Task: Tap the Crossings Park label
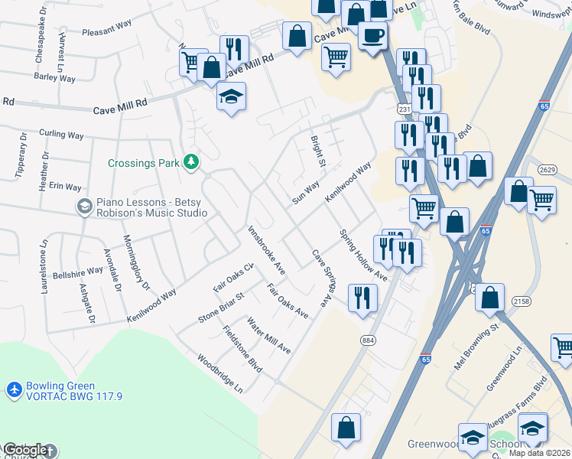pos(144,163)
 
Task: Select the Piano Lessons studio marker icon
pos(84,206)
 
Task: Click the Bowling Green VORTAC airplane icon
pos(13,389)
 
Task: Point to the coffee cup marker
pos(372,35)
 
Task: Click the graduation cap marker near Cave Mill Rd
pos(231,96)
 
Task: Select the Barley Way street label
pos(54,76)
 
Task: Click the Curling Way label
pos(61,135)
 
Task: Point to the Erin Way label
pos(65,187)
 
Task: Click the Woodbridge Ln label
pos(219,373)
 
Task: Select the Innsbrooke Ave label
pos(266,249)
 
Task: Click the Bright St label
pos(317,151)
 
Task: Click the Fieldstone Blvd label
pos(243,350)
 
